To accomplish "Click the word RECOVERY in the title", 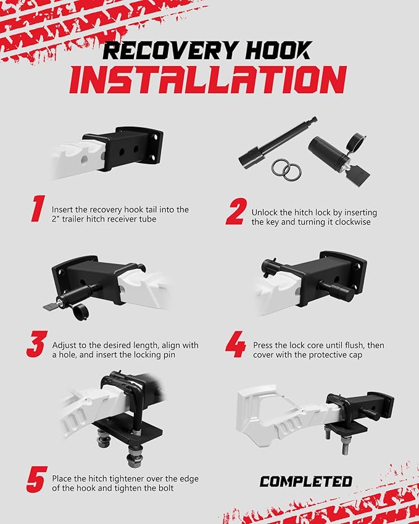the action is pos(170,51).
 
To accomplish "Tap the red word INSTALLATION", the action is pos(208,80).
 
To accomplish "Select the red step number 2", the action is pos(236,211).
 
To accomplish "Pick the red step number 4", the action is pos(236,344).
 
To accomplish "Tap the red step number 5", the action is pos(37,480).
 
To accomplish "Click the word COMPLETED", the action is pos(305,481).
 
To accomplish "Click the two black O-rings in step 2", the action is pos(286,170).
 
